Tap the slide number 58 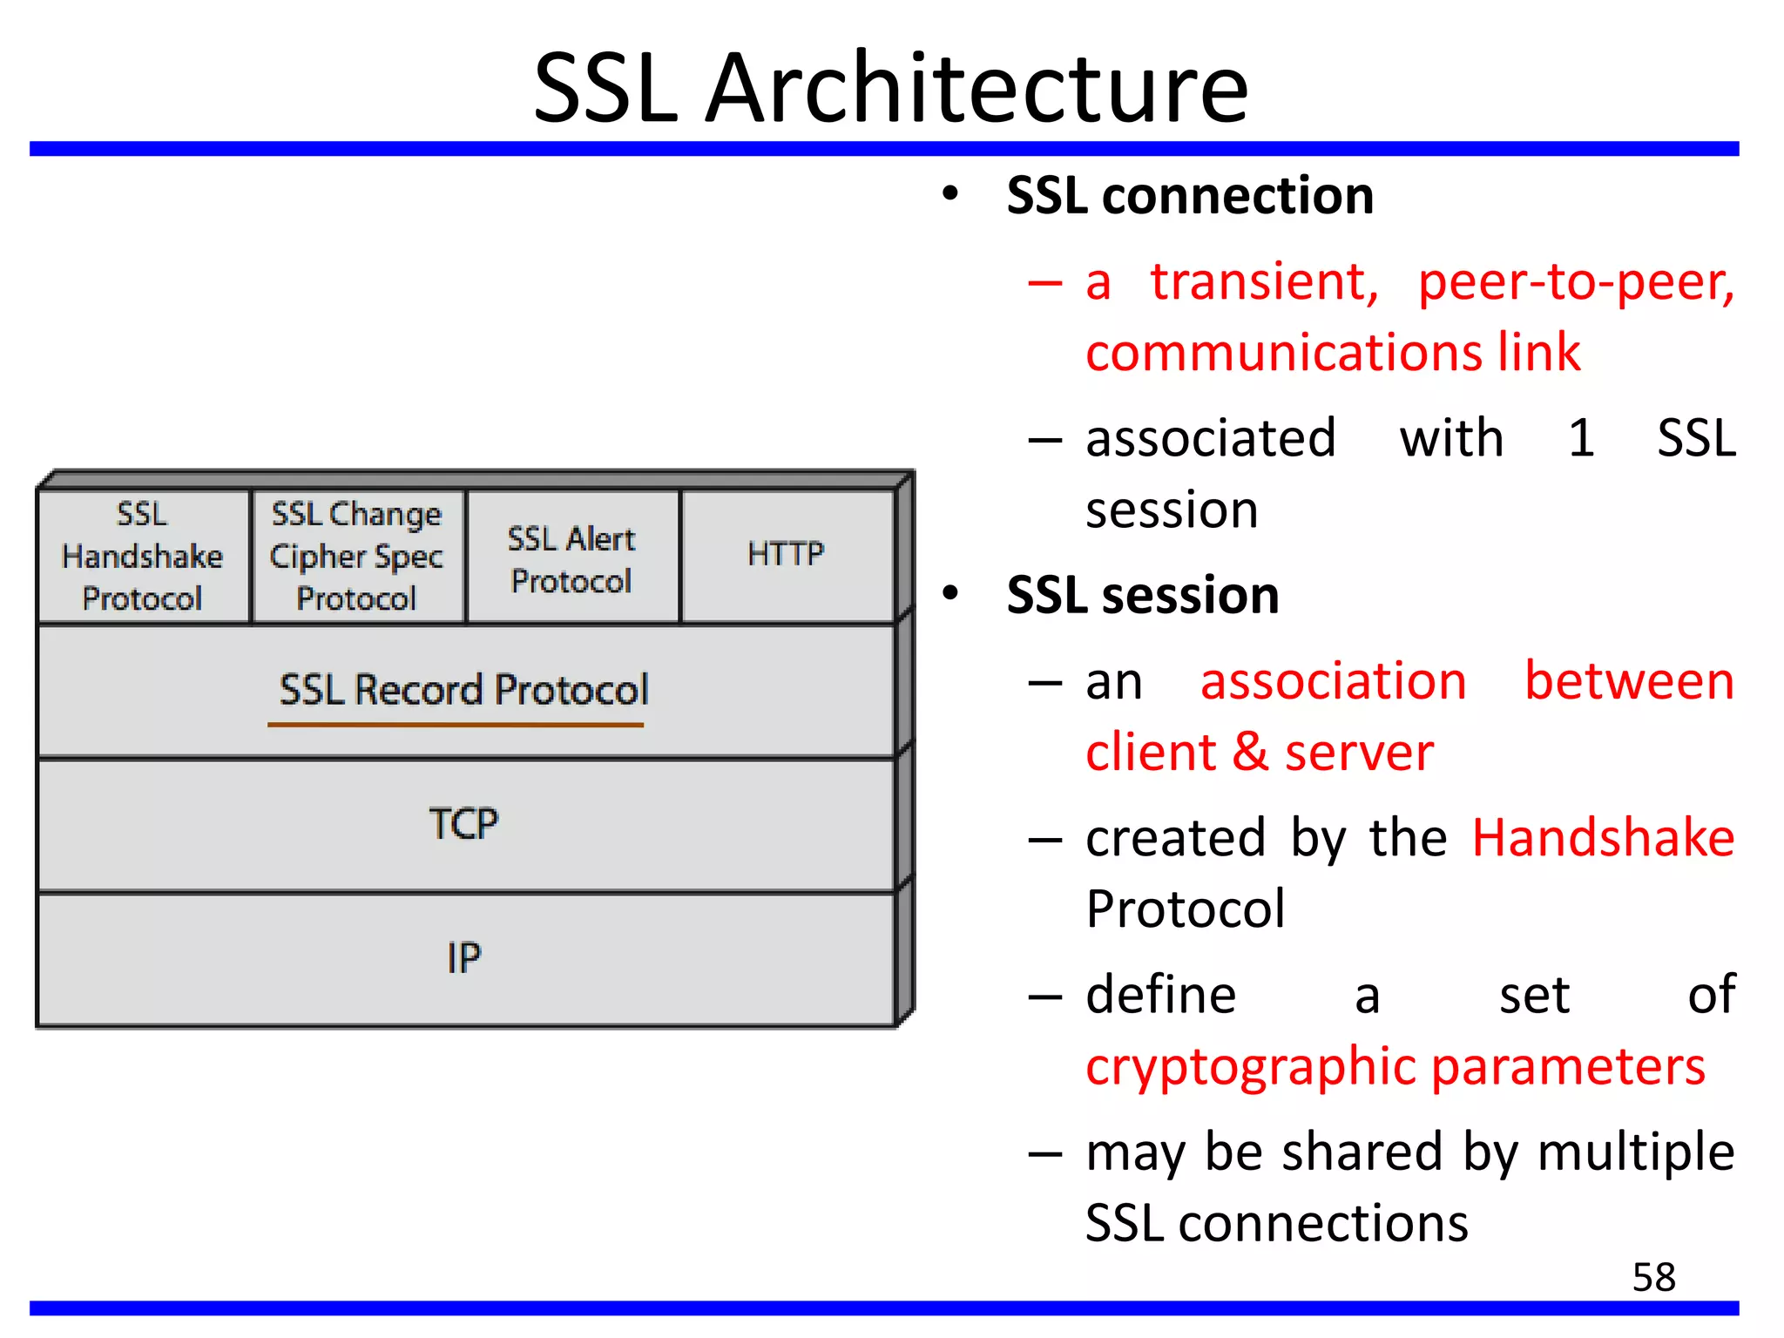pos(1653,1278)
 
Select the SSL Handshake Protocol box pos(143,557)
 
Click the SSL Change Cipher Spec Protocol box pos(357,557)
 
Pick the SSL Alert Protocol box pos(571,559)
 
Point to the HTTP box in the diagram pos(786,555)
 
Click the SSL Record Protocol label pos(463,690)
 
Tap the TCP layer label pos(463,824)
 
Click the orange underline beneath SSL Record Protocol pos(455,725)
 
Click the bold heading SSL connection pos(1190,195)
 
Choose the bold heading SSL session pos(1143,596)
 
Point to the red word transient pos(1264,282)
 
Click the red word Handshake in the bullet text pos(1603,838)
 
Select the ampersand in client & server pos(1251,753)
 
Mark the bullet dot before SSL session pos(950,594)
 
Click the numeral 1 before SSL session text pos(1581,438)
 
